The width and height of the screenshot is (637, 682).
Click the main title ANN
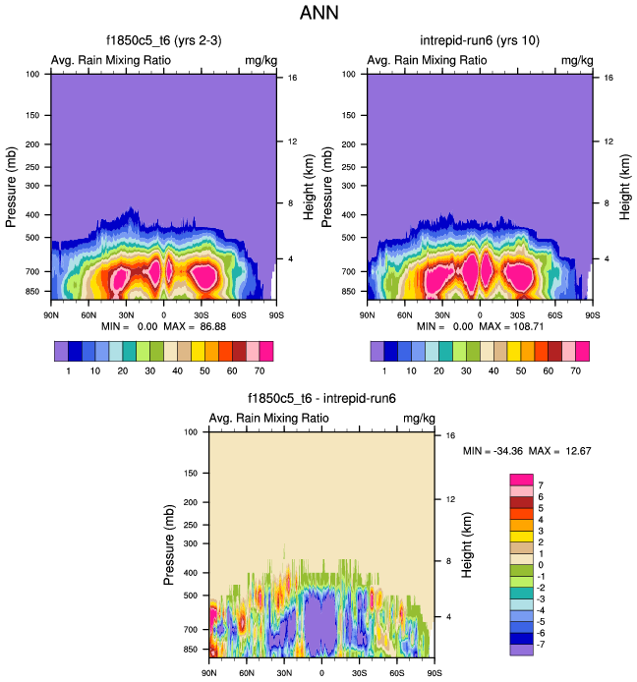[x=318, y=14]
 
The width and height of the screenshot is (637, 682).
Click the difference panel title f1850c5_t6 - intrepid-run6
[x=321, y=399]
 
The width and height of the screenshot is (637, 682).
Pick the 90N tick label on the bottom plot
[x=208, y=673]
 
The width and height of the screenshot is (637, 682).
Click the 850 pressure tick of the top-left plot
[x=34, y=292]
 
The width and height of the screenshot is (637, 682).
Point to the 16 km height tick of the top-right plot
[x=610, y=77]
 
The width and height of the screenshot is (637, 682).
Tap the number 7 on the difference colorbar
[x=541, y=485]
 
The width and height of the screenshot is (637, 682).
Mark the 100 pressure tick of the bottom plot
[x=193, y=431]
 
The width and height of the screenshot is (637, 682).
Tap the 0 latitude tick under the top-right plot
[x=480, y=314]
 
